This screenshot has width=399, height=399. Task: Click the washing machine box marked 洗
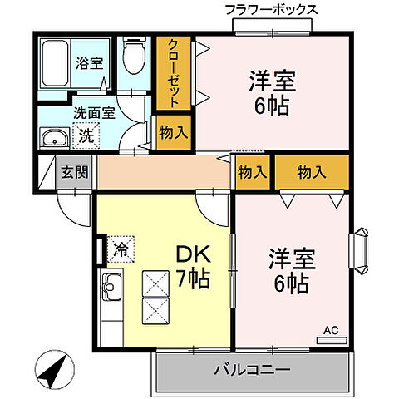[x=86, y=135]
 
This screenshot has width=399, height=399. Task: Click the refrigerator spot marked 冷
[x=120, y=247]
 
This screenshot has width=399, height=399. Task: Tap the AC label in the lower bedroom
[x=331, y=331]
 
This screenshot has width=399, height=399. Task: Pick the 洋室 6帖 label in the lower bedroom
[x=288, y=271]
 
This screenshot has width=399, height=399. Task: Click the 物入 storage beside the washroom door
[x=173, y=131]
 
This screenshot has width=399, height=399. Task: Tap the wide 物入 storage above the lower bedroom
[x=311, y=172]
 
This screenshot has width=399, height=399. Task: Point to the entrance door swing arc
[x=76, y=206]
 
